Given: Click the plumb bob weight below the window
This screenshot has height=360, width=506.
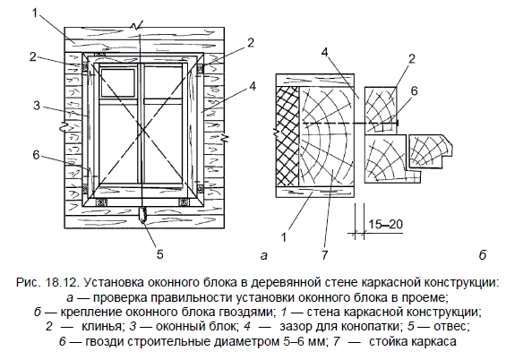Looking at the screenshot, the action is click(x=142, y=216).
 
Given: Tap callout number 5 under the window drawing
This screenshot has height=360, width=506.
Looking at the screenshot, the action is click(x=160, y=254).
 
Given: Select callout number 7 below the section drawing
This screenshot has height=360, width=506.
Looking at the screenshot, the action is click(x=324, y=255).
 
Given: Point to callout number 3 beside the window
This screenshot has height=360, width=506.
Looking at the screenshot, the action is click(x=37, y=105).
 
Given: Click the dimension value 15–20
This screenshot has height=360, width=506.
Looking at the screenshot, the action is click(x=386, y=224).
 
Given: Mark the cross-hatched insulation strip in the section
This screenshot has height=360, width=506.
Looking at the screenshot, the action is click(x=287, y=135).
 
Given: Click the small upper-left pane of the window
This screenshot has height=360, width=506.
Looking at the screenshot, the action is click(x=117, y=82).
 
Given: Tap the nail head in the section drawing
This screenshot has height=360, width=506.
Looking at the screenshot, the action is click(x=399, y=124).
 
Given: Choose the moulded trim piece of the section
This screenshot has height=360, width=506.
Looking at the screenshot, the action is click(x=430, y=150).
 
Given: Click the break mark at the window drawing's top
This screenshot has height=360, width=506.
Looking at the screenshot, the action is click(x=137, y=27).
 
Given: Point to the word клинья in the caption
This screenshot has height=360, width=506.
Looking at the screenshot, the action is click(x=103, y=327).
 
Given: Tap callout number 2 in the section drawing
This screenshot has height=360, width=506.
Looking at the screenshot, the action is click(x=411, y=59).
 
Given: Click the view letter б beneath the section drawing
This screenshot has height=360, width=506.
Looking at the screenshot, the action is click(x=482, y=255).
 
